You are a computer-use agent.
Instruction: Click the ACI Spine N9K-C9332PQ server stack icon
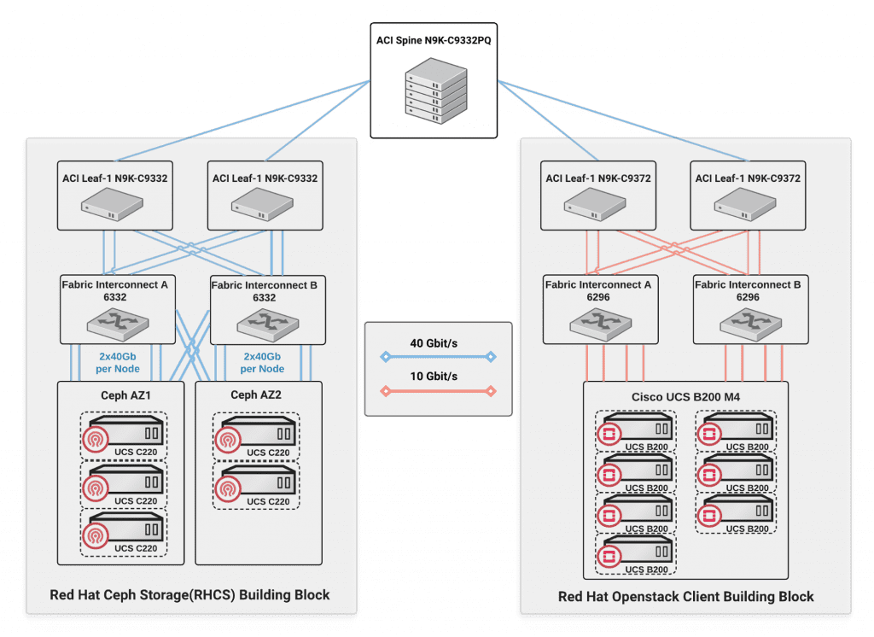point(435,91)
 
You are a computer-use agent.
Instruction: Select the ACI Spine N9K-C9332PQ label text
point(435,40)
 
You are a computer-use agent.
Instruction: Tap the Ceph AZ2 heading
point(258,394)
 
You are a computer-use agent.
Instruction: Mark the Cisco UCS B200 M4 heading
point(685,396)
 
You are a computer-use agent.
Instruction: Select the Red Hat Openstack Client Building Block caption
point(685,596)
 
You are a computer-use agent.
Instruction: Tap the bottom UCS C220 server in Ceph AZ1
point(123,532)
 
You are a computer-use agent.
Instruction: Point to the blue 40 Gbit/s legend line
point(438,358)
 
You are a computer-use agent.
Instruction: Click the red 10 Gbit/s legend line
point(438,392)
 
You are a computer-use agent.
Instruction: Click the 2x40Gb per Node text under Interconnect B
point(262,363)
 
